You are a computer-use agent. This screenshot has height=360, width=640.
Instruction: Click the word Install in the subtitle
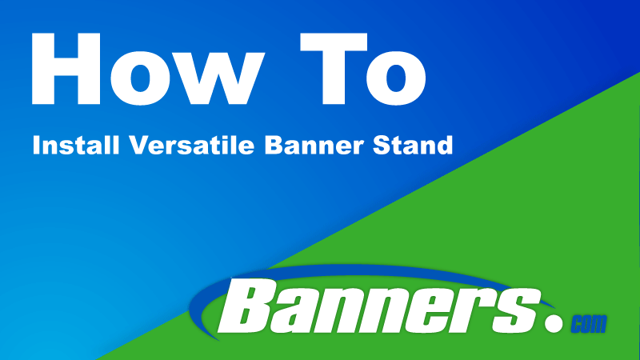(67, 147)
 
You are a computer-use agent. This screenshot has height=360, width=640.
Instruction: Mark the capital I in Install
(35, 147)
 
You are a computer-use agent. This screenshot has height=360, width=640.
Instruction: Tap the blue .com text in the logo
(589, 324)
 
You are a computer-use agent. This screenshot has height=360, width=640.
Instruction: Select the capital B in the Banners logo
(247, 309)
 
